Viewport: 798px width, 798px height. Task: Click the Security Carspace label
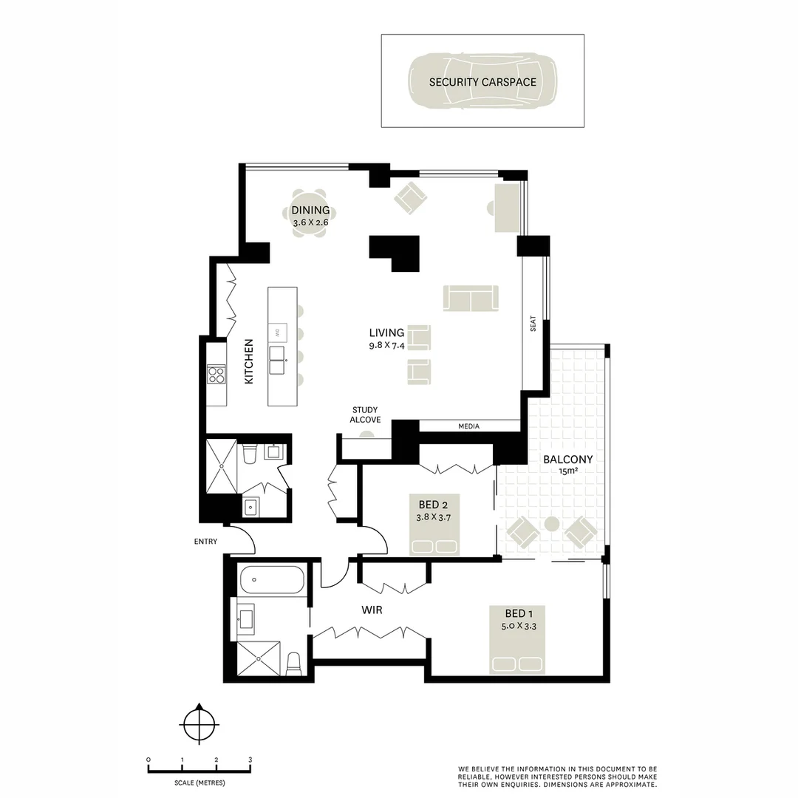point(482,82)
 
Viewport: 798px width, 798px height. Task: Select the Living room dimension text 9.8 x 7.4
point(387,344)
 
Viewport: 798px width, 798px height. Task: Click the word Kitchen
point(249,361)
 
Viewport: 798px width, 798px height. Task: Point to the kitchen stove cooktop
point(216,375)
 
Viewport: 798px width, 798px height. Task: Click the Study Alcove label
point(365,415)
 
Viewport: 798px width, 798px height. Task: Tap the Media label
point(468,426)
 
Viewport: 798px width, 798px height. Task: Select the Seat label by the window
point(533,324)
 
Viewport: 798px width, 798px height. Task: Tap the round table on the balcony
point(551,525)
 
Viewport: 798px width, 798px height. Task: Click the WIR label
point(372,611)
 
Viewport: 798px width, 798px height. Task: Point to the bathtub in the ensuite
point(272,579)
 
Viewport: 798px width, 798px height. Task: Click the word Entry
point(206,542)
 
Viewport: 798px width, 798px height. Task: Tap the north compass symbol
point(198,723)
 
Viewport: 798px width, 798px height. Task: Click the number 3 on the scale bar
point(250,760)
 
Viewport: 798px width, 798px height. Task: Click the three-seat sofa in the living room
point(471,298)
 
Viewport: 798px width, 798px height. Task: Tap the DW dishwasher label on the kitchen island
point(276,330)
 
